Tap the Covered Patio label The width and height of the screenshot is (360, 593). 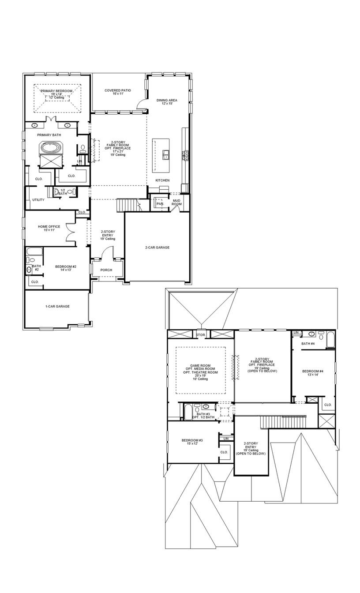pyautogui.click(x=117, y=90)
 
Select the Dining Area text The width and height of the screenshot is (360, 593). pyautogui.click(x=167, y=100)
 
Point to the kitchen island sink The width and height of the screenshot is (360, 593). pyautogui.click(x=166, y=154)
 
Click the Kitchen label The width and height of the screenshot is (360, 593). pyautogui.click(x=162, y=180)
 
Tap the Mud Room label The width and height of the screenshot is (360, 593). pyautogui.click(x=176, y=202)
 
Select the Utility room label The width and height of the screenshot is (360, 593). pyautogui.click(x=38, y=200)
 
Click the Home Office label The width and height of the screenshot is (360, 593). pyautogui.click(x=49, y=227)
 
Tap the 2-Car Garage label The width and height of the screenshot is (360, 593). pyautogui.click(x=157, y=248)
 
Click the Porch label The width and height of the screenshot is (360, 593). pyautogui.click(x=106, y=270)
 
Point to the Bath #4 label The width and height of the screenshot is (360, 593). pyautogui.click(x=308, y=343)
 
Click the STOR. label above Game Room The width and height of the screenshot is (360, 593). pyautogui.click(x=201, y=335)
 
